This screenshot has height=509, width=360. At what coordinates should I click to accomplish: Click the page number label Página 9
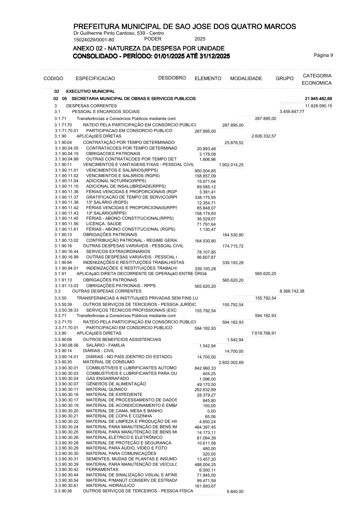(x=323, y=55)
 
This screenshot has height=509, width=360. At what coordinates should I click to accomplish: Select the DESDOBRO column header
(x=172, y=78)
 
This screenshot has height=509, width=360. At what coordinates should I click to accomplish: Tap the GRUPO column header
(x=284, y=79)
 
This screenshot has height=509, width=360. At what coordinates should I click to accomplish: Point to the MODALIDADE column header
(x=246, y=79)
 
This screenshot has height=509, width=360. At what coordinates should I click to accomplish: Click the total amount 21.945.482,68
(x=319, y=99)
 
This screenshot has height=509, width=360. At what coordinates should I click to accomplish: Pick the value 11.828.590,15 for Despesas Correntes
(x=319, y=106)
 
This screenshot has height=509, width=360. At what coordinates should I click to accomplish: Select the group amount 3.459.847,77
(x=292, y=112)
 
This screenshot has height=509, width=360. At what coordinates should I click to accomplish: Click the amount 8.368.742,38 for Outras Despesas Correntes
(x=292, y=291)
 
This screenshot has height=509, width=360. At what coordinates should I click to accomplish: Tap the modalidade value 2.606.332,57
(x=263, y=136)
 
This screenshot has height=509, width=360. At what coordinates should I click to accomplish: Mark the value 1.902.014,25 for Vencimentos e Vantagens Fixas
(x=231, y=165)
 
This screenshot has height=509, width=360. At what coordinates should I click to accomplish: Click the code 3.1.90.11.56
(x=67, y=224)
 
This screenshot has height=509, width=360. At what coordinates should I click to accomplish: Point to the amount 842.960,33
(x=205, y=368)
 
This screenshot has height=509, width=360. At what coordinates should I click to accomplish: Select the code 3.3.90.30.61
(x=67, y=485)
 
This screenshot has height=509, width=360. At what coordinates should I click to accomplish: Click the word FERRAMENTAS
(x=102, y=469)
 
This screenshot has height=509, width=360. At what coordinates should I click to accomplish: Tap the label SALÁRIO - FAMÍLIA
(x=105, y=345)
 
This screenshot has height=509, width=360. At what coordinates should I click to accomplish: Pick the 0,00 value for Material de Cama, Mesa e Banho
(x=211, y=411)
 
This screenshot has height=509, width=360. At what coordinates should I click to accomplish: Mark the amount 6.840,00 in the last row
(x=235, y=492)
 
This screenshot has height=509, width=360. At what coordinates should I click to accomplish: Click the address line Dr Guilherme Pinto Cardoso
(x=119, y=33)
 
